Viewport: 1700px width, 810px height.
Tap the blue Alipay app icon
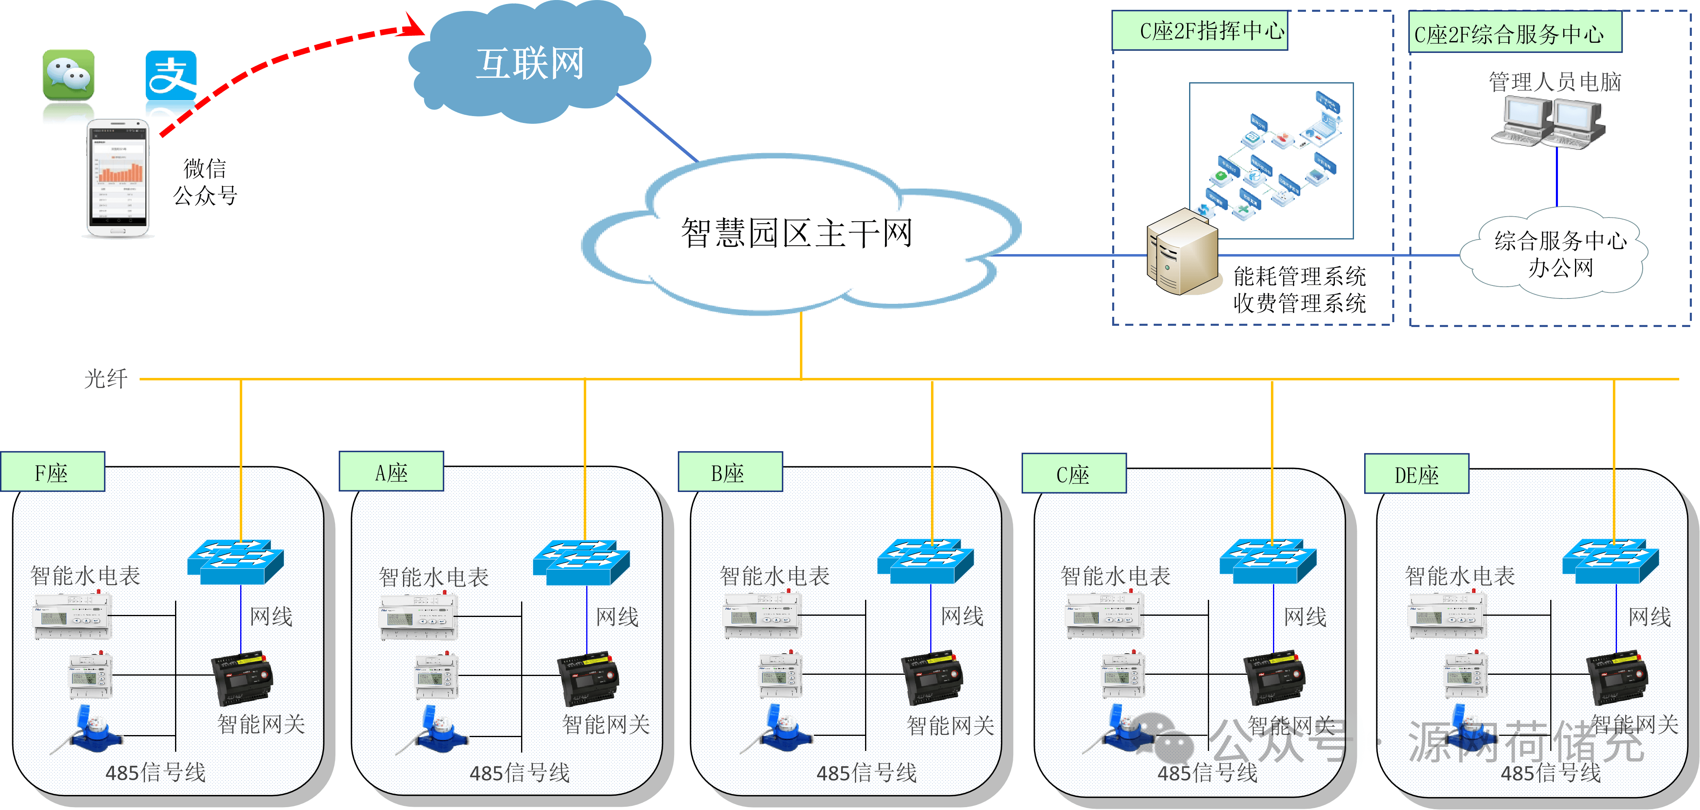[x=171, y=75]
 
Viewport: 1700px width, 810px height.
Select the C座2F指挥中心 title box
[x=1200, y=31]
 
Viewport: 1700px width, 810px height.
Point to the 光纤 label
[x=105, y=379]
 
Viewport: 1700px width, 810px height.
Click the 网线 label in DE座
[x=1649, y=617]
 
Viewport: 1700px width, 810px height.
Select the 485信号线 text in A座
[x=519, y=773]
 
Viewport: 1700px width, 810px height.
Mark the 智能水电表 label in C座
[x=1115, y=576]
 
